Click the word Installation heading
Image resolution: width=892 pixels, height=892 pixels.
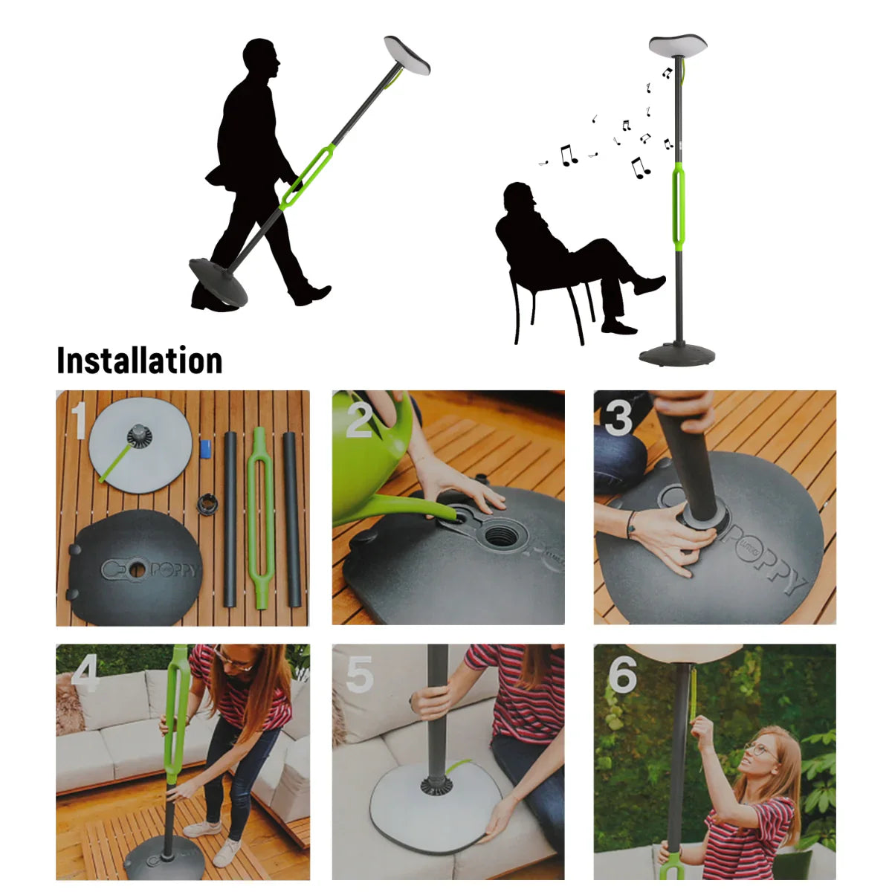[x=140, y=361]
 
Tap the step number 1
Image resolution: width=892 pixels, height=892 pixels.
[x=79, y=421]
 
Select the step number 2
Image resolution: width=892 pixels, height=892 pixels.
[x=358, y=421]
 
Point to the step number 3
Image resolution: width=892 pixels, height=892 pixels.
[x=618, y=418]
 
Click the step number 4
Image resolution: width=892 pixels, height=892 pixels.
[x=85, y=674]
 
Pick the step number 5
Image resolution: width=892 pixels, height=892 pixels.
[x=360, y=675]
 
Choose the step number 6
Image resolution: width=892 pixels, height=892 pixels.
[x=622, y=674]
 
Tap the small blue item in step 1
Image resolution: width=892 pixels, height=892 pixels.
[x=206, y=448]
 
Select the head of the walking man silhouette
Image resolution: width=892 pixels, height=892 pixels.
[x=261, y=59]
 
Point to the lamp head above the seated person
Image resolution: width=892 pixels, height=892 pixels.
[x=677, y=46]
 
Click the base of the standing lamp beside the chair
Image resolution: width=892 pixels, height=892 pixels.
[x=677, y=355]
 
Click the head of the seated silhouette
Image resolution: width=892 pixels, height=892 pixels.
[x=518, y=197]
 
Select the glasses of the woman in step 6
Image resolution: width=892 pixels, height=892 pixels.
[x=758, y=749]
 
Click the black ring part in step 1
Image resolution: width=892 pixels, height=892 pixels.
[x=206, y=503]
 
